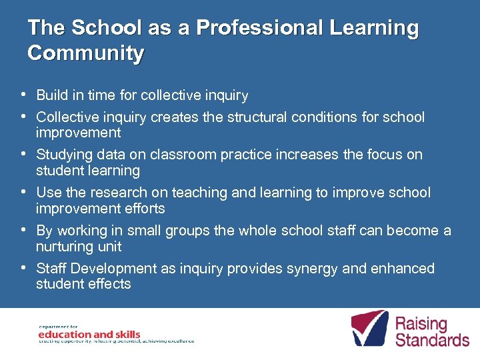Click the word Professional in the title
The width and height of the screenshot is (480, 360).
pos(261,28)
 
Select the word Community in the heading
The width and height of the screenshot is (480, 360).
pos(85,53)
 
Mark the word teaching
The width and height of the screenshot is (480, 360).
pos(198,193)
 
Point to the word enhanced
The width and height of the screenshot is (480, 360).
pos(404,268)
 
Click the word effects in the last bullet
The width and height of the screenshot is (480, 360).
pos(109,284)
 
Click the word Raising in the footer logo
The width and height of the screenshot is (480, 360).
pos(421,325)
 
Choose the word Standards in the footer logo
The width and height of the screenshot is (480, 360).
pos(432,340)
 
